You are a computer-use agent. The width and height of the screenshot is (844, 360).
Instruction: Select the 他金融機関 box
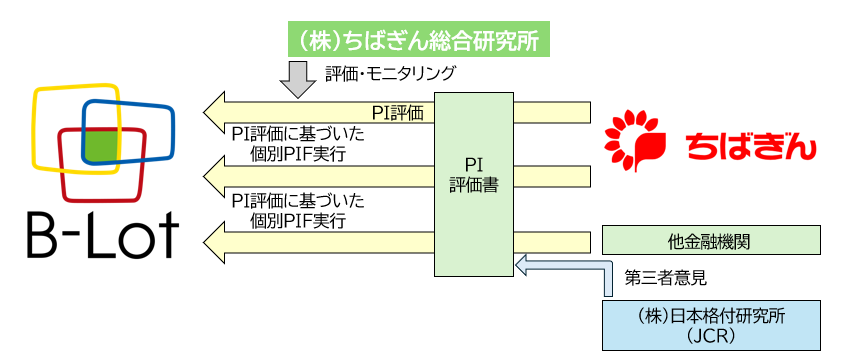pyautogui.click(x=711, y=240)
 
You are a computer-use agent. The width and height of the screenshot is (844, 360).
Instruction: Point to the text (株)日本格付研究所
pyautogui.click(x=711, y=314)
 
